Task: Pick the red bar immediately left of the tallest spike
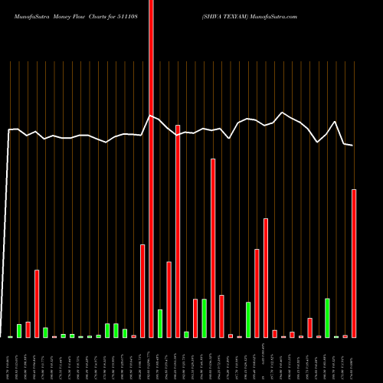tap(142, 291)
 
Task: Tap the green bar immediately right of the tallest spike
tap(160, 323)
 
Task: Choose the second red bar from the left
tap(37, 303)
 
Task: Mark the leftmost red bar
tap(28, 329)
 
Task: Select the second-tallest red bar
tap(178, 230)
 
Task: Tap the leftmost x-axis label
tap(11, 360)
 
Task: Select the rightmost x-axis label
tap(354, 360)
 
